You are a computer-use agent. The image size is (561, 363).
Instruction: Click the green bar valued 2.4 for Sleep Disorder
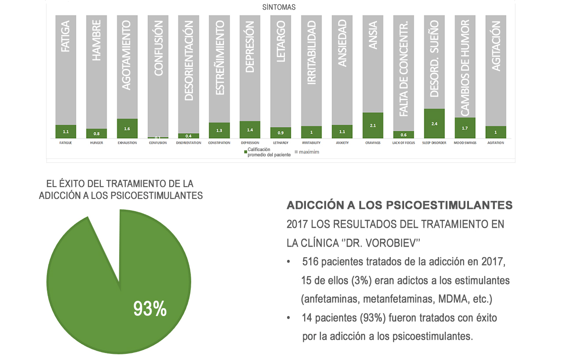[434, 123]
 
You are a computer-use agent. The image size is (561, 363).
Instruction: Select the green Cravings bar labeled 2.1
[373, 125]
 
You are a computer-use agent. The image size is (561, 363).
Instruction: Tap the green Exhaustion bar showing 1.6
[127, 128]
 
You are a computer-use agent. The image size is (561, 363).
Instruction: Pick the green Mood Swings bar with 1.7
[465, 128]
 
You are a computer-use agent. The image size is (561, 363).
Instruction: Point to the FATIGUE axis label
[66, 143]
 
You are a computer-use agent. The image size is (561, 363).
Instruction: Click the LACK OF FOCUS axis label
[403, 143]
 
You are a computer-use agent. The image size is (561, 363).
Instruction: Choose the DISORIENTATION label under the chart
[188, 143]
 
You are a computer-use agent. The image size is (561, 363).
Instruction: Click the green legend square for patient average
[245, 151]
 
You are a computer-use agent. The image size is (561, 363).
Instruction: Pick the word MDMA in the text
[449, 299]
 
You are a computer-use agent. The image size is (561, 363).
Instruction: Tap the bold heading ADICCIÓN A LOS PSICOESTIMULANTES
[399, 205]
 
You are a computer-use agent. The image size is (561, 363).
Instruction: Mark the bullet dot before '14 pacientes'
[288, 317]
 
